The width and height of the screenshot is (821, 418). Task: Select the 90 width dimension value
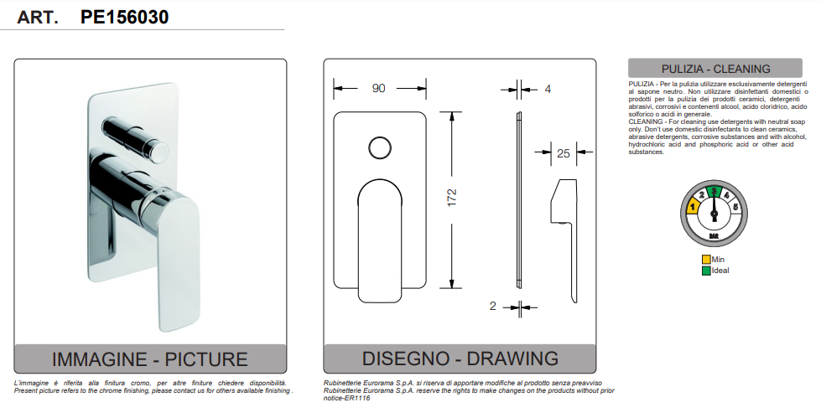tap(379, 88)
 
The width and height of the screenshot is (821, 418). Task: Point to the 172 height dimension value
tap(452, 199)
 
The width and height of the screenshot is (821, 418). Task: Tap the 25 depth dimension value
tap(563, 152)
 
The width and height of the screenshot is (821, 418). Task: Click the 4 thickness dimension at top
tap(548, 88)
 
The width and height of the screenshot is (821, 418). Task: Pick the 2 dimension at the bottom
tap(493, 306)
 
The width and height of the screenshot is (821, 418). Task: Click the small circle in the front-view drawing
tap(380, 149)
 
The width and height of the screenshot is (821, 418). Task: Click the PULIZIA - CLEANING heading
tap(715, 69)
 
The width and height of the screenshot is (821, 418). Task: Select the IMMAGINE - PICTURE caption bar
tap(150, 359)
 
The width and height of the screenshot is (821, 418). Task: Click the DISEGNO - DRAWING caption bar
tap(460, 359)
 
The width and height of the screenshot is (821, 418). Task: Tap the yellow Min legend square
tap(706, 260)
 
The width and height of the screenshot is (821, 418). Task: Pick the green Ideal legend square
tap(706, 271)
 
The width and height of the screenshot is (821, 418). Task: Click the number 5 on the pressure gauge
tap(735, 206)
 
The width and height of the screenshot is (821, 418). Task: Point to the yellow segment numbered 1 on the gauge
tap(693, 206)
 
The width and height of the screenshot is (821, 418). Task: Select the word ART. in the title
tap(37, 17)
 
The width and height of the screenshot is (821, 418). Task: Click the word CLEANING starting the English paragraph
tap(646, 121)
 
